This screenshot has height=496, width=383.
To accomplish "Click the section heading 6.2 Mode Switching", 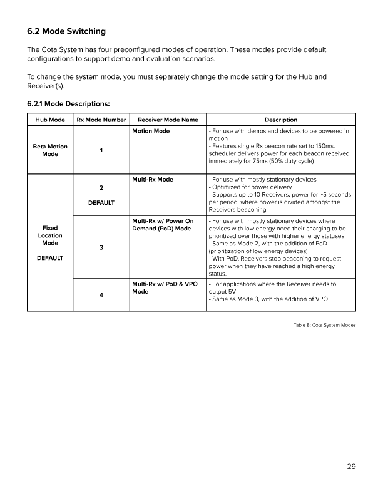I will click(x=66, y=31).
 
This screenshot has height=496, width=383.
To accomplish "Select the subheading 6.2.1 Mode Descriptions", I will click(x=68, y=103).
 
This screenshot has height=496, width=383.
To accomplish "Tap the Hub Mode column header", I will click(x=50, y=120).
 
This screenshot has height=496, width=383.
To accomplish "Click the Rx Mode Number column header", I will click(x=101, y=120).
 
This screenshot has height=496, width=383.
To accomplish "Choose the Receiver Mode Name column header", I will click(x=167, y=120).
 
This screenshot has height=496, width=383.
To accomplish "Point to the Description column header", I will click(x=280, y=120).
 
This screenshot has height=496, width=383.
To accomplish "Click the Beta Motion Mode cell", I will click(x=50, y=150).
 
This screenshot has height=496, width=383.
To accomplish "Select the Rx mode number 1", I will click(x=101, y=150).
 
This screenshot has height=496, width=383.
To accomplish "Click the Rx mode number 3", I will click(x=101, y=247).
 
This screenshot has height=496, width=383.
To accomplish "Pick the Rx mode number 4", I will click(x=101, y=296).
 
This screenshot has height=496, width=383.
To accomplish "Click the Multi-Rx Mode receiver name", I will click(x=153, y=180).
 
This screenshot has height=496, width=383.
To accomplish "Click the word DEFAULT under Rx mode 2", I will click(x=101, y=202).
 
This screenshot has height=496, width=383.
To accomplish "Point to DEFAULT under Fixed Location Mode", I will click(x=50, y=257).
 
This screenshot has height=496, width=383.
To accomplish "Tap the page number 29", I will click(x=350, y=465).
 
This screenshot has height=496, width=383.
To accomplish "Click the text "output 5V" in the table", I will click(x=223, y=291).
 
